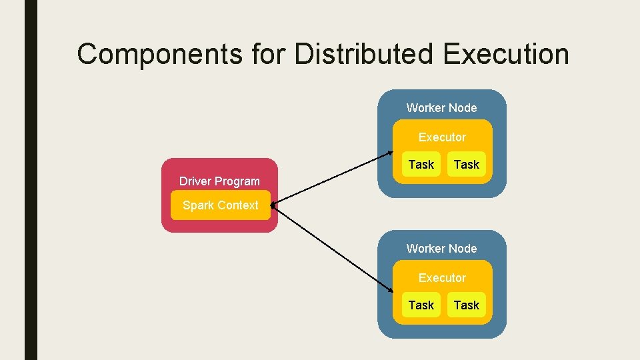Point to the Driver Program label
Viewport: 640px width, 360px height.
point(219,181)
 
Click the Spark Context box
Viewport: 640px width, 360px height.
point(220,205)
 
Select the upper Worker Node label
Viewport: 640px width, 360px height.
point(441,108)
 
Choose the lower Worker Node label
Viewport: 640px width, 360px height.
point(441,249)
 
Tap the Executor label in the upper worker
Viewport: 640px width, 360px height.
point(442,137)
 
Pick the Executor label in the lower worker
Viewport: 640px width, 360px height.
point(442,278)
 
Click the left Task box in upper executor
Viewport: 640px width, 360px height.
point(421,165)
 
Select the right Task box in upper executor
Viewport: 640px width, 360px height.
point(466,165)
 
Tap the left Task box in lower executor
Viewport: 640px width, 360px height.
point(421,305)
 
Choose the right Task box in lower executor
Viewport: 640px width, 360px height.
point(466,305)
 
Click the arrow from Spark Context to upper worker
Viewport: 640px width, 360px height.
point(333,177)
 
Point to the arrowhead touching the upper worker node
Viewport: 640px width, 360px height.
point(390,153)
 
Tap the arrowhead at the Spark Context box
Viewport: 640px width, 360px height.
point(274,205)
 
